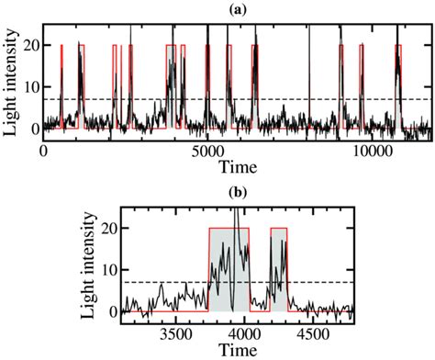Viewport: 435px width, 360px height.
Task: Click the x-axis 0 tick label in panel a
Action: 43,152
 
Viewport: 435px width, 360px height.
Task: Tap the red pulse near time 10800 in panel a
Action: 397,83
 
